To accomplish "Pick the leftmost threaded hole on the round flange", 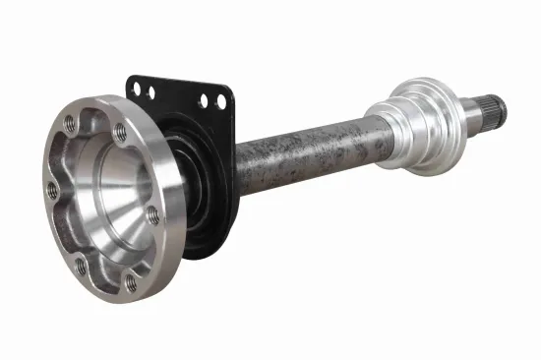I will (x=50, y=190).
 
